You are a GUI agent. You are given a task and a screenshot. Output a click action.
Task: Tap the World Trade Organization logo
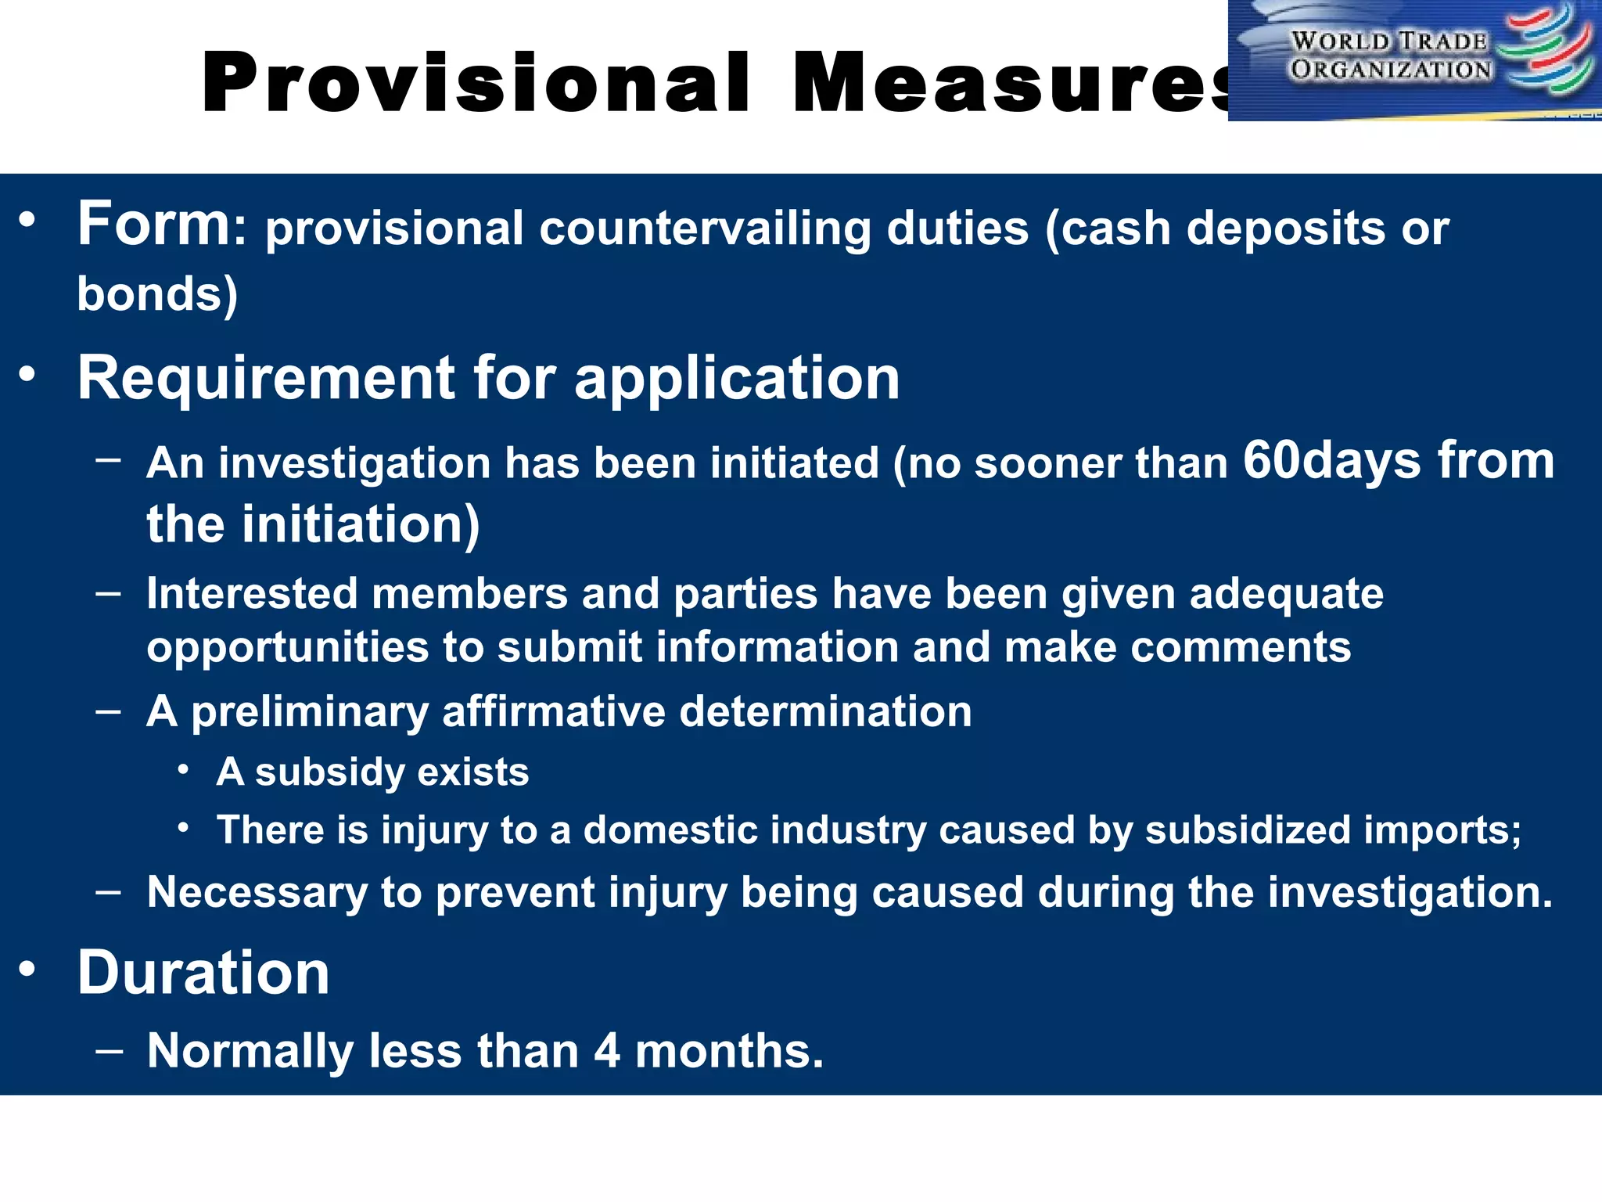[1414, 59]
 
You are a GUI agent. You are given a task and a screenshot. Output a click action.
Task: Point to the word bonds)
[157, 294]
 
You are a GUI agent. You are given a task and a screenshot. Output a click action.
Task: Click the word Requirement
[266, 378]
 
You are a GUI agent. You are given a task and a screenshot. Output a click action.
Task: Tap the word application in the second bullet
[737, 380]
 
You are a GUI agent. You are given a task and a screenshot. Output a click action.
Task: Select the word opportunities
[288, 648]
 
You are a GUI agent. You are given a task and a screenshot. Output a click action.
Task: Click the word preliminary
[310, 712]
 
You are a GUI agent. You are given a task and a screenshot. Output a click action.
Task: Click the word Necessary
[257, 892]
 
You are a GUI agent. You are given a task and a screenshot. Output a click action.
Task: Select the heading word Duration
[203, 973]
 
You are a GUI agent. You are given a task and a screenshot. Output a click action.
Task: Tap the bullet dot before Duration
[28, 970]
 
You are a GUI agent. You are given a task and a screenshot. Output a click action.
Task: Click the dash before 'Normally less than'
[109, 1049]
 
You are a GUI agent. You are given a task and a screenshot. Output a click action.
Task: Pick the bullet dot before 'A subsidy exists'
[183, 770]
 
